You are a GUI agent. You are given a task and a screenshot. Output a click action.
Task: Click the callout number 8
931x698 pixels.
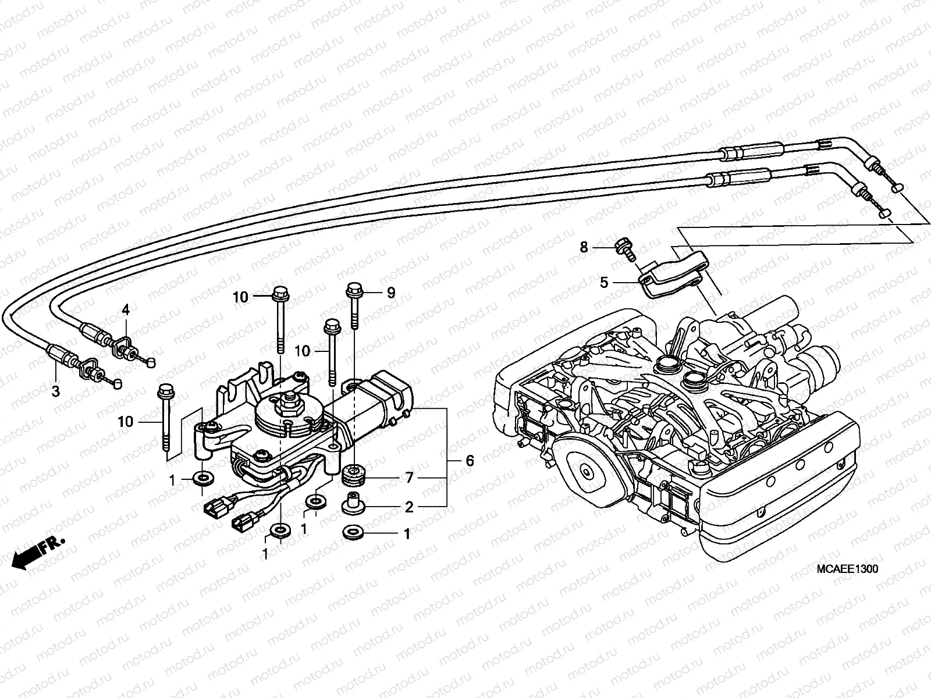coord(584,248)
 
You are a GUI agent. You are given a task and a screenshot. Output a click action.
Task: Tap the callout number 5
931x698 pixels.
coord(604,283)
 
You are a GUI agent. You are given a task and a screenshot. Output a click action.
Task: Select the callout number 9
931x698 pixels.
coord(390,293)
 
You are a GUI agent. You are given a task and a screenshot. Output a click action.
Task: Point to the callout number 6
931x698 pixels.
coord(470,461)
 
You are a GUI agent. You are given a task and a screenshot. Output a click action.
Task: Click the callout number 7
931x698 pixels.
coord(410,478)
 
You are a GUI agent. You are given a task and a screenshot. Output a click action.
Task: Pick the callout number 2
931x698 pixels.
coord(409,507)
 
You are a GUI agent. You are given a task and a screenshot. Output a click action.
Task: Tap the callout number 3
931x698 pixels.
coord(55,391)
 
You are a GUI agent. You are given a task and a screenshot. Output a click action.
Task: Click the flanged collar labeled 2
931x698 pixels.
coord(353,504)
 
